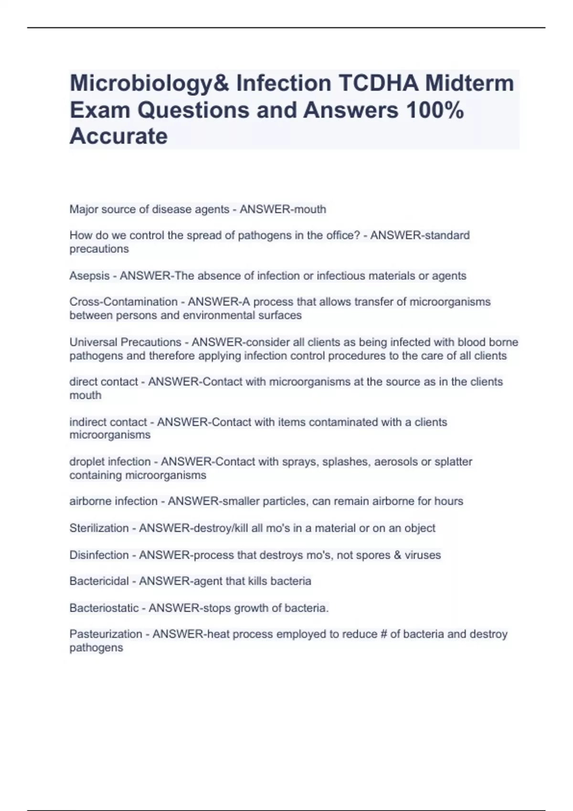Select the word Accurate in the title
tap(118, 136)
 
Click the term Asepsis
tap(89, 276)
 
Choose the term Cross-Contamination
tap(123, 302)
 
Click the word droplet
tap(87, 462)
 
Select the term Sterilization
tap(99, 528)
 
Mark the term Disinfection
tap(99, 555)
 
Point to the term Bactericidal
tap(99, 581)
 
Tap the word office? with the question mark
tap(343, 235)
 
